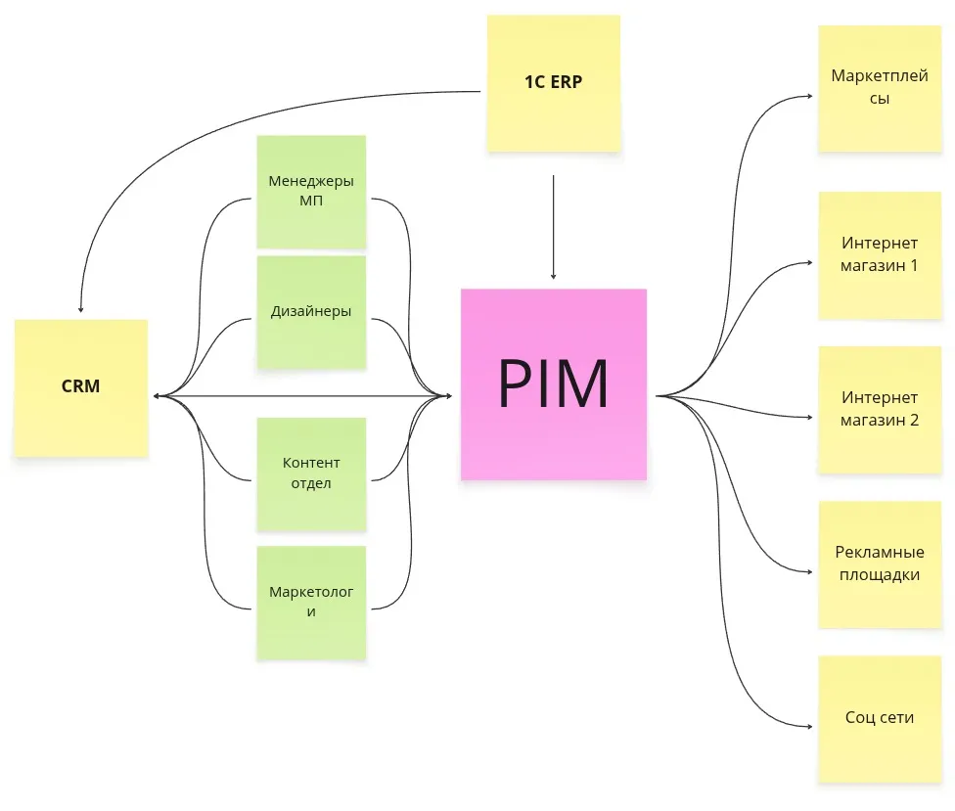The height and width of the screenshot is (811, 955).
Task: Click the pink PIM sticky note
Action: [554, 383]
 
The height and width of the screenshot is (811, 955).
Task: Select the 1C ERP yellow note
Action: [554, 82]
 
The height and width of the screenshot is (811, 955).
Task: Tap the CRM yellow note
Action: [81, 386]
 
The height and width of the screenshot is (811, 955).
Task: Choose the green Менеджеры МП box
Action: [311, 191]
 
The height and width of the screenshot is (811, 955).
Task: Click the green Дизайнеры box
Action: [311, 312]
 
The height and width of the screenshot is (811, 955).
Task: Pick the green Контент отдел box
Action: [311, 473]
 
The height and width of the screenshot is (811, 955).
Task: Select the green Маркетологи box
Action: [311, 602]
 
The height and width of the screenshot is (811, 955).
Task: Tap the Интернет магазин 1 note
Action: [879, 254]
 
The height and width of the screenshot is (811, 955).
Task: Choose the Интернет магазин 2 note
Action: [879, 409]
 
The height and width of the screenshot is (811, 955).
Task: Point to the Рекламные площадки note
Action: [879, 563]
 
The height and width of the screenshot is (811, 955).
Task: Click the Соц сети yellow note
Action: [879, 717]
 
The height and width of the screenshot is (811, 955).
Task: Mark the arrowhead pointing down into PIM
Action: [554, 277]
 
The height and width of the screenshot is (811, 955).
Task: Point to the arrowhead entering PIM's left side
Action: [448, 396]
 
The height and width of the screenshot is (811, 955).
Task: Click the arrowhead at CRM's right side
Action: [157, 396]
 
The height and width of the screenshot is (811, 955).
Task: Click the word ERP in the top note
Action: [566, 82]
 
